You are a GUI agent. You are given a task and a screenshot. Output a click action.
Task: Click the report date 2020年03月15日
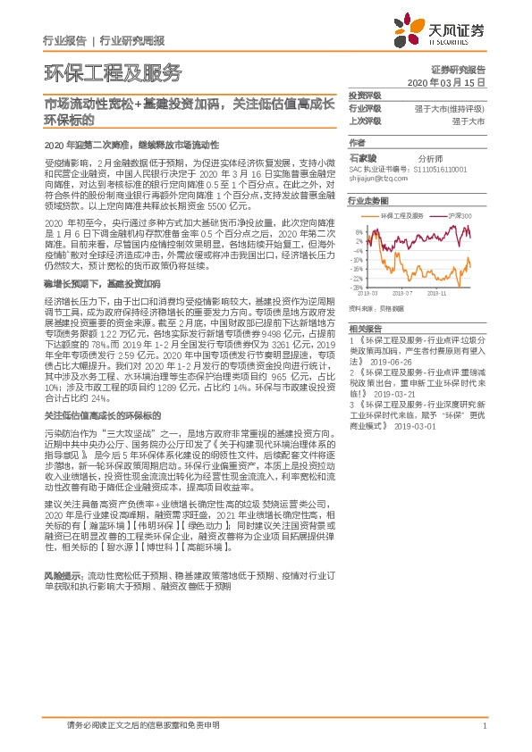pyautogui.click(x=452, y=81)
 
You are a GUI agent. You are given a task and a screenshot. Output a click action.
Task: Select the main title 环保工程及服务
pyautogui.click(x=112, y=72)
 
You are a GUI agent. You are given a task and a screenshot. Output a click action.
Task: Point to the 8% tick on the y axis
pyautogui.click(x=359, y=230)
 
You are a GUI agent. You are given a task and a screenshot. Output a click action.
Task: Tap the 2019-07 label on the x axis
pyautogui.click(x=404, y=292)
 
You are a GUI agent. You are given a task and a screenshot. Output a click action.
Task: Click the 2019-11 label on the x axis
pyautogui.click(x=437, y=292)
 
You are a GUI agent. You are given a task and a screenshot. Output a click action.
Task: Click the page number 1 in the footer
pyautogui.click(x=484, y=726)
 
